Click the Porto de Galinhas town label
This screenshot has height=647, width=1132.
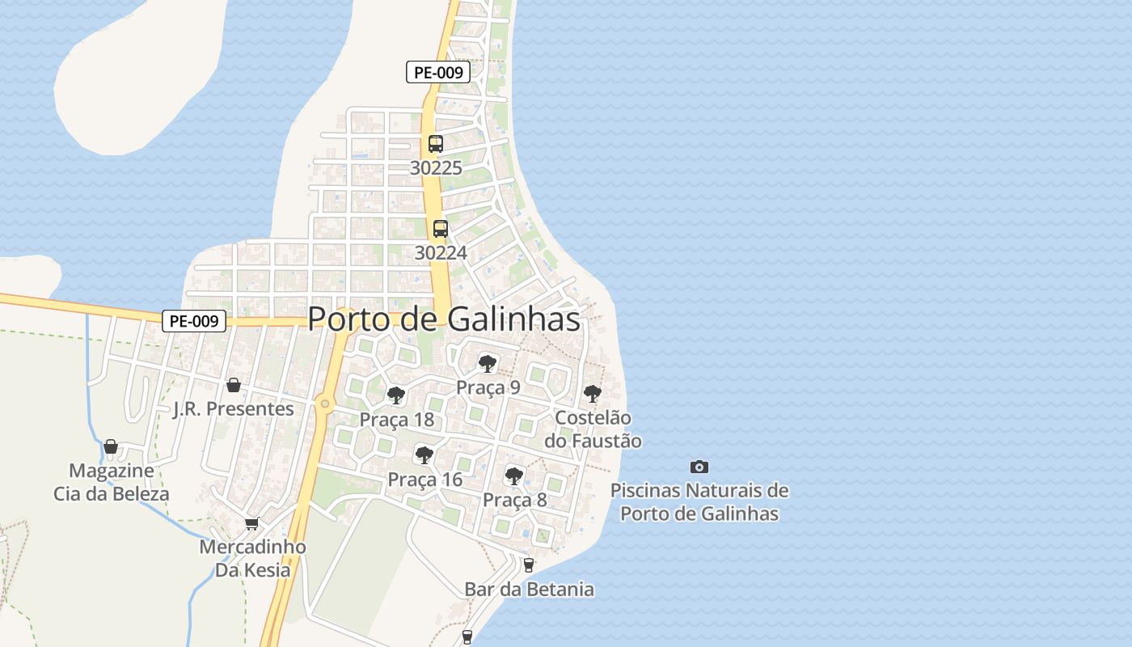[444, 319]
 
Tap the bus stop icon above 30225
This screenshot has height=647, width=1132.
[436, 144]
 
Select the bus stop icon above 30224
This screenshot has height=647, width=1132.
[441, 228]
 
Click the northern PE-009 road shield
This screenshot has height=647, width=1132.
[438, 72]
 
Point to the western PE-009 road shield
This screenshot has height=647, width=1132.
[194, 321]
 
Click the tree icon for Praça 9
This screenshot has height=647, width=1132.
[487, 363]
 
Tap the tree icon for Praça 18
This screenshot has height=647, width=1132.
[396, 395]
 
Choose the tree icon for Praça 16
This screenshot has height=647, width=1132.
[424, 455]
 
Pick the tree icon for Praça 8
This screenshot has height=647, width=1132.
[514, 476]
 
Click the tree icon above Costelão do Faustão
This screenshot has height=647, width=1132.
[593, 394]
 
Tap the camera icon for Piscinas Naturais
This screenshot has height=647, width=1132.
[699, 467]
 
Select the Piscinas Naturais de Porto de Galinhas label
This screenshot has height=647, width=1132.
[699, 501]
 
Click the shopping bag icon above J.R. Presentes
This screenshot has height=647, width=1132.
[234, 385]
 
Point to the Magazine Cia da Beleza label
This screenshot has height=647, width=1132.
[112, 482]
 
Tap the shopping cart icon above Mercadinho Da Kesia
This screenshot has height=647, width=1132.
[252, 524]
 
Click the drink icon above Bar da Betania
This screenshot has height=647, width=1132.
[529, 565]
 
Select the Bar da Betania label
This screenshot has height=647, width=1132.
[529, 590]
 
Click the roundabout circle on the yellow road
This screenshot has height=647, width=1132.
[325, 403]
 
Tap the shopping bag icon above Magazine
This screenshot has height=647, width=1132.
[111, 446]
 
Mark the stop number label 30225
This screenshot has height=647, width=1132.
[436, 168]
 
